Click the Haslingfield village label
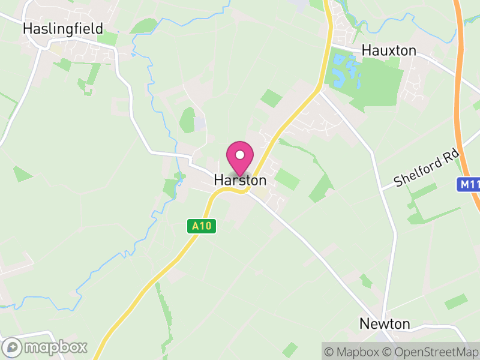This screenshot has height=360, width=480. (x=63, y=29)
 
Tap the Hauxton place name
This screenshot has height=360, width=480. (x=389, y=51)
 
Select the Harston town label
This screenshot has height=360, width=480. (x=240, y=180)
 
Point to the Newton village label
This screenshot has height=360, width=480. (x=385, y=324)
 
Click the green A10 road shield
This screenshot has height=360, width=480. (x=201, y=226)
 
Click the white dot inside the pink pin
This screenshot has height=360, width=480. (x=240, y=155)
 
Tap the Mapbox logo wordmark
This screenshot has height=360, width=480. (x=56, y=347)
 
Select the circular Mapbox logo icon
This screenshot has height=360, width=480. (x=13, y=347)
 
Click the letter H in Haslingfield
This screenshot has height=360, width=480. (x=27, y=29)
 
